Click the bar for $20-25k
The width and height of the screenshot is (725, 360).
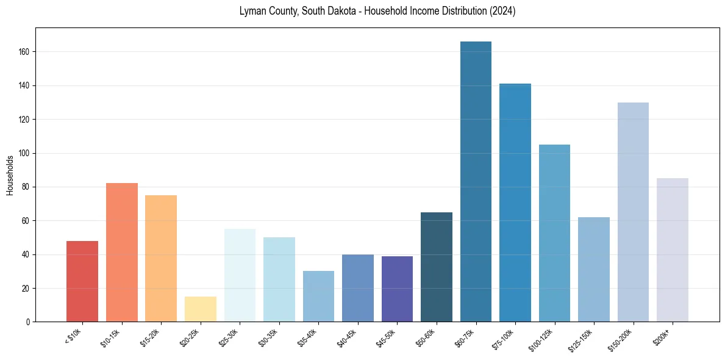[x=201, y=309]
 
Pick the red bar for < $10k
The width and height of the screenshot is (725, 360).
[x=82, y=281]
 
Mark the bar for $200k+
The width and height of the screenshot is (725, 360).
[x=673, y=250]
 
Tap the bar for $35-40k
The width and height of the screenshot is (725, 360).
[x=318, y=296]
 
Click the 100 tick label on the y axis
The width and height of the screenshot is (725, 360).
[x=26, y=153]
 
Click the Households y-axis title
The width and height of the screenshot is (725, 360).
[x=10, y=175]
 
